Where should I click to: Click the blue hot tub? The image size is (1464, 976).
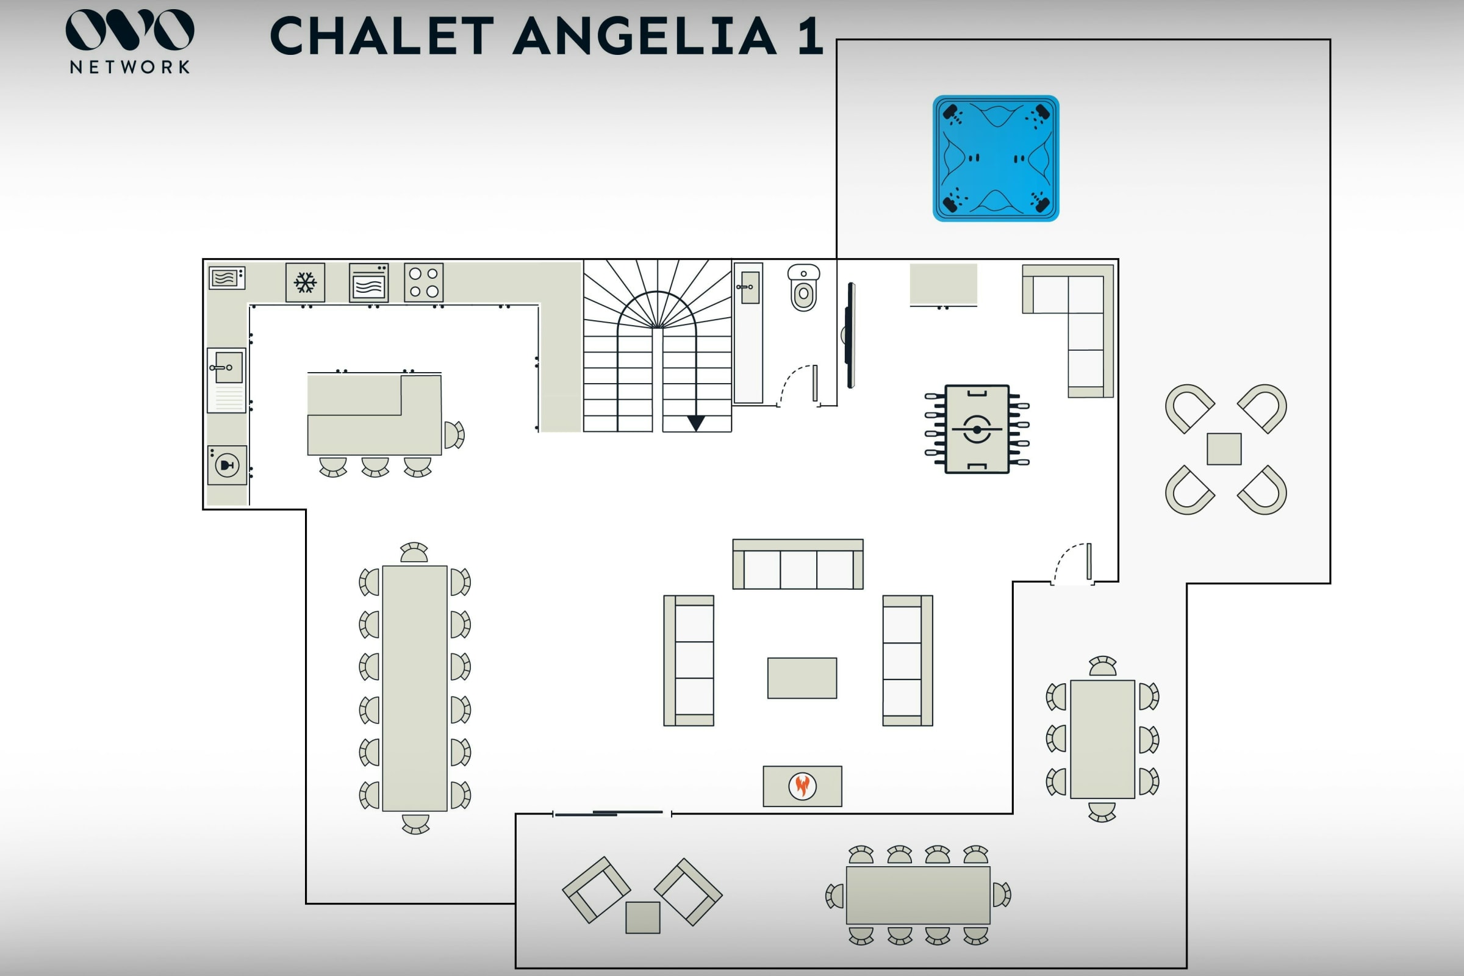[x=996, y=158]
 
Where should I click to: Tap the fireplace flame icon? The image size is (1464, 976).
[x=802, y=786]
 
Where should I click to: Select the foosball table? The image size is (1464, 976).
[x=977, y=429]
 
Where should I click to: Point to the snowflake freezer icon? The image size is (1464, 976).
[x=305, y=282]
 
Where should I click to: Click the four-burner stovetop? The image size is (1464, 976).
[x=423, y=282]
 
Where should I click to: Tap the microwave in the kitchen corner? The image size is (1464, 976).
[x=226, y=278]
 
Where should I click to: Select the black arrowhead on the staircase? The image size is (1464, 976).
[x=696, y=423]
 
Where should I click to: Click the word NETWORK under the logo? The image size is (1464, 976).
[x=129, y=67]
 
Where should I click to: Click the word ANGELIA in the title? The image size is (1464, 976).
[x=644, y=36]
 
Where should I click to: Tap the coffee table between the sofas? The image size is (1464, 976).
[x=802, y=678]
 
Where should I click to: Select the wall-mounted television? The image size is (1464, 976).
[x=850, y=335]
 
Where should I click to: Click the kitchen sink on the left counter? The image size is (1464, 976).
[x=227, y=367]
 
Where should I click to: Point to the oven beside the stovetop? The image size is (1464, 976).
[x=368, y=283]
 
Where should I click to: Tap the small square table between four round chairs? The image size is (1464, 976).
[x=1224, y=449]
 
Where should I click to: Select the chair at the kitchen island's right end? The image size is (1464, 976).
[x=454, y=434]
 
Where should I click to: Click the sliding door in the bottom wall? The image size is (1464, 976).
[x=612, y=813]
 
